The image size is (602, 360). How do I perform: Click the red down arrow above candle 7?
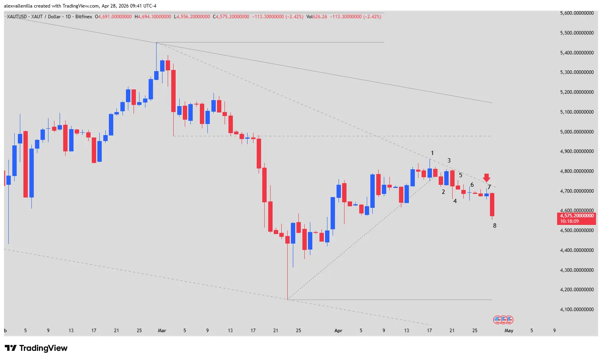click(x=486, y=178)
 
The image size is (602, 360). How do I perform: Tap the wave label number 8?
click(x=495, y=226)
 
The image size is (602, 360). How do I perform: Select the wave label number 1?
click(x=432, y=153)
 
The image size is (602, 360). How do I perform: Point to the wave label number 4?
click(x=455, y=201)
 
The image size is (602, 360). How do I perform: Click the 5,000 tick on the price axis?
click(x=577, y=132)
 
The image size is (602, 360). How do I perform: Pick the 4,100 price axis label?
click(x=577, y=310)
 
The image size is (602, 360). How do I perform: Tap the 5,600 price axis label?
click(x=577, y=13)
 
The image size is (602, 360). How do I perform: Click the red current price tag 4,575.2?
click(x=577, y=218)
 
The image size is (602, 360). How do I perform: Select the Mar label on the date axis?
click(x=162, y=331)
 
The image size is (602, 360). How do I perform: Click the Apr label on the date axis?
click(x=338, y=331)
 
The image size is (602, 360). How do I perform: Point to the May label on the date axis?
click(x=509, y=331)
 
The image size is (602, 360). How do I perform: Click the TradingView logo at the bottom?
click(x=36, y=348)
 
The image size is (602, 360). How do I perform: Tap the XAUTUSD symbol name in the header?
click(x=17, y=17)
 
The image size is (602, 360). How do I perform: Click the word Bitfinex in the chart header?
click(x=83, y=17)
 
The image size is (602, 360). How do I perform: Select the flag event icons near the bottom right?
click(x=503, y=319)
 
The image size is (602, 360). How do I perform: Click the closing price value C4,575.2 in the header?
click(x=231, y=17)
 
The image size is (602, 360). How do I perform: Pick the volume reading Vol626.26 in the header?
click(x=316, y=17)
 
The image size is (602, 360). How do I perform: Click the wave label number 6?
click(x=472, y=185)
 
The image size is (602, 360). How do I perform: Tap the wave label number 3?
click(x=449, y=161)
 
